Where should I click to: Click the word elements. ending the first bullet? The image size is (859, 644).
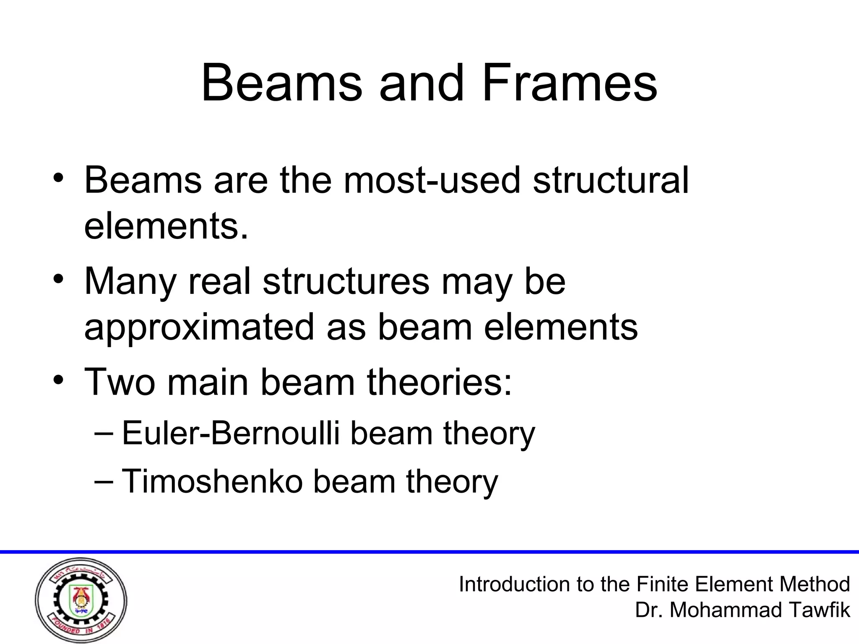click(x=166, y=226)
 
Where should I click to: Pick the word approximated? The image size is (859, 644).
click(x=199, y=328)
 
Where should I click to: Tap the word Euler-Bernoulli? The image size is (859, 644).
click(x=231, y=433)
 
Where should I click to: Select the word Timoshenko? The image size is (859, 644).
click(x=212, y=481)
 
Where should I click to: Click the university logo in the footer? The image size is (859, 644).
click(x=81, y=601)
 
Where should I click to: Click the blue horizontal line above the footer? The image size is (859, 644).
click(x=429, y=552)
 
